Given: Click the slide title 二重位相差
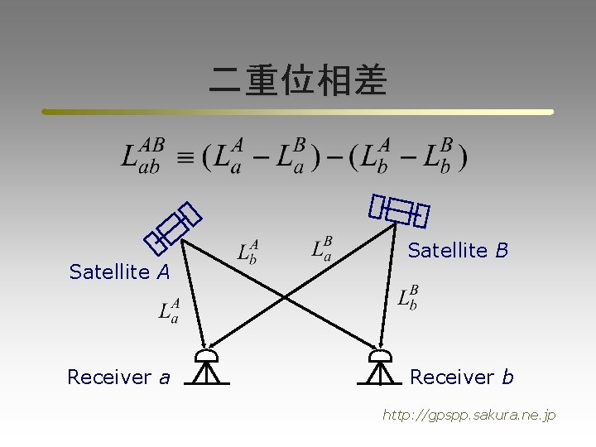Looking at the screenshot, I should pos(298,81).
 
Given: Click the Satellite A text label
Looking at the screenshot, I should pos(119,272).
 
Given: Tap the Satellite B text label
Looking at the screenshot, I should pos(458,250).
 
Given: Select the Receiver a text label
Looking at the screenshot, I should pos(118,377).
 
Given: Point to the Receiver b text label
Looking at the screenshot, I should pos(461,377).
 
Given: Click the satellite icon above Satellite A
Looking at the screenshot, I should pos(173,227).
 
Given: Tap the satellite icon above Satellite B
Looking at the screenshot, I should pos(400,211).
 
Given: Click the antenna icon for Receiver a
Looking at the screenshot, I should pos(205,368).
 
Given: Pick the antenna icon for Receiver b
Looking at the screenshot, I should pos(379,368).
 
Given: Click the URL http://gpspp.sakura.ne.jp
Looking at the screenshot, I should pos(469,415).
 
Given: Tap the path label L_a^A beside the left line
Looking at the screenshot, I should pos(169,312).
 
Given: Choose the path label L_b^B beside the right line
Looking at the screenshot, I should pos(408,297).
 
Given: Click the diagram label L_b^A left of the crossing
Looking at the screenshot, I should pos(248,252).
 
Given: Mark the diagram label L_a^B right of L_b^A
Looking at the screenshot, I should pos(322,248).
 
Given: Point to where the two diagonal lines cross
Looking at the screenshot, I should pos(286,296).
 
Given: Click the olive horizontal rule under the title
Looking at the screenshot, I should pos(298,112).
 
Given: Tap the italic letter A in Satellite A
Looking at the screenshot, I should pos(164,272).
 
